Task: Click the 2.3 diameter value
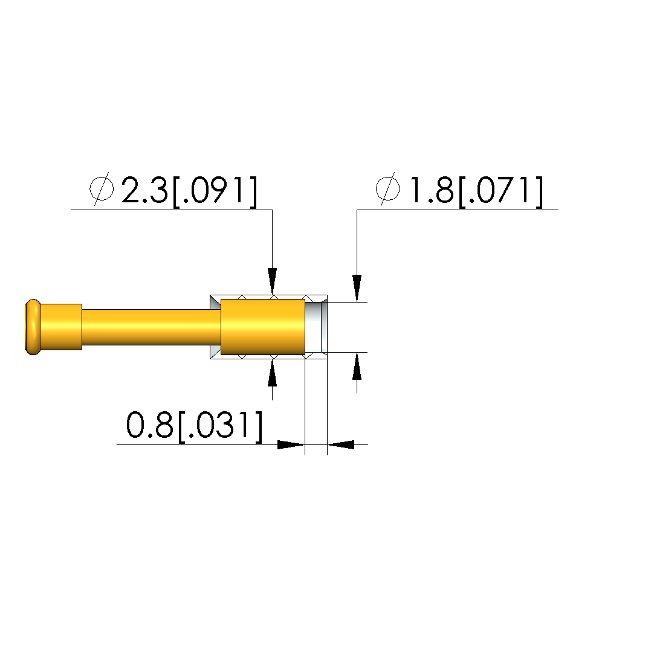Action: point(144,190)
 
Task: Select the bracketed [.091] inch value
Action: point(215,191)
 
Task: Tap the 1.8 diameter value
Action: point(432,190)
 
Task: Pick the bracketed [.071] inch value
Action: point(500,191)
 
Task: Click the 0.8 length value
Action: point(149,425)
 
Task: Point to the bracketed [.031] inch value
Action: point(221,426)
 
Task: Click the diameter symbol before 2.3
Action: point(102,188)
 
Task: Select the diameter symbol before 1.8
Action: point(387,188)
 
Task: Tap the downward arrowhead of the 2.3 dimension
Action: point(272,281)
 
